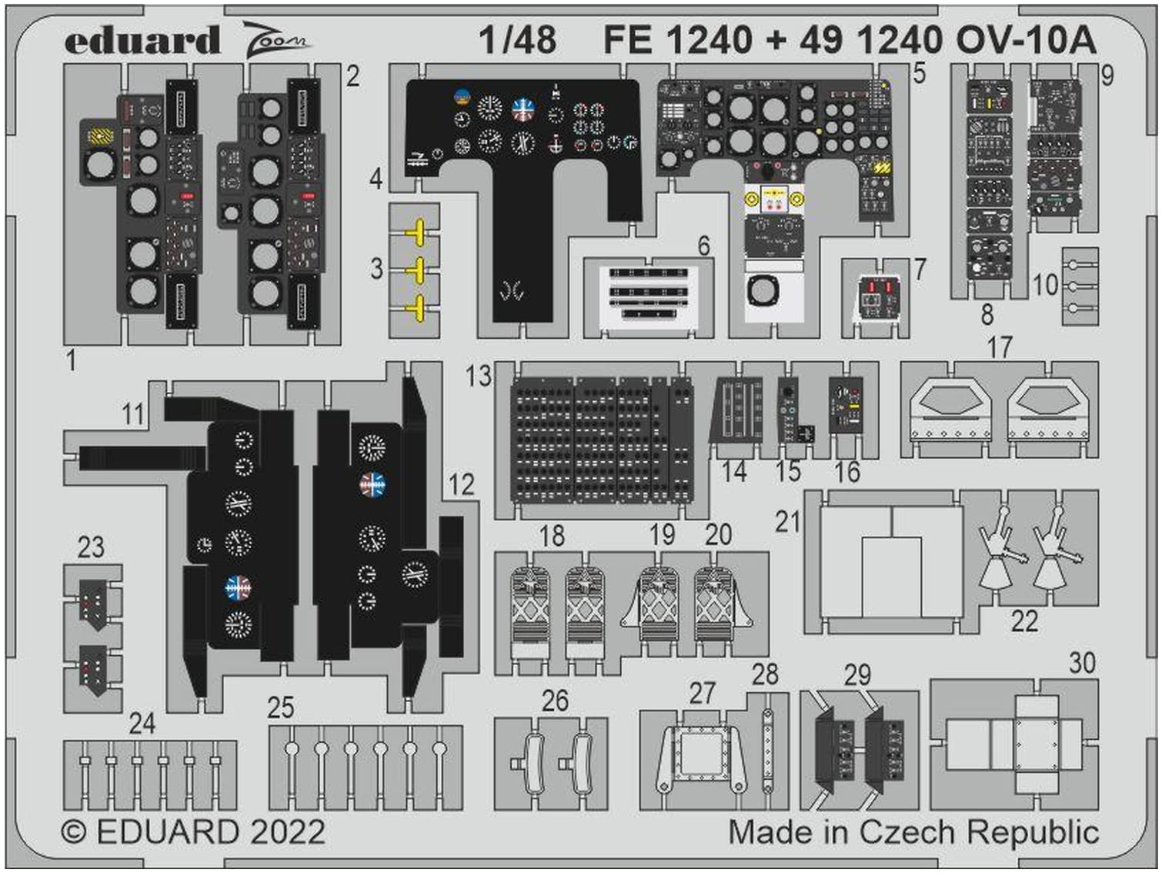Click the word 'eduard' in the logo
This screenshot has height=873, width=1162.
(142, 41)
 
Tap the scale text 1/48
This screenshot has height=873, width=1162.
(517, 39)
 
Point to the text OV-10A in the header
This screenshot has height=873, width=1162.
(1027, 39)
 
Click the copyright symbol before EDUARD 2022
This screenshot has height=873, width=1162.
(74, 832)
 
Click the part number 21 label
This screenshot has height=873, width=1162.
(788, 522)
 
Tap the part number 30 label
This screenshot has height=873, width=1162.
(1082, 662)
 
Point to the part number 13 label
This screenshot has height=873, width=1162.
(478, 376)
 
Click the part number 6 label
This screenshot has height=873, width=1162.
(703, 246)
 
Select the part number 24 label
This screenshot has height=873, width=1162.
(142, 723)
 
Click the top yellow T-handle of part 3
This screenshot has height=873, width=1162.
(417, 231)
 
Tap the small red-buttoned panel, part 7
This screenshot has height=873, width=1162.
(878, 297)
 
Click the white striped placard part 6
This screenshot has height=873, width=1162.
(649, 293)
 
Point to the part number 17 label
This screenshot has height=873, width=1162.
(1000, 347)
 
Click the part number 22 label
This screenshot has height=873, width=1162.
(1024, 620)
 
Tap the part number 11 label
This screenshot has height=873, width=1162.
(133, 414)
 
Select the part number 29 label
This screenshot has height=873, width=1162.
(857, 675)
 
